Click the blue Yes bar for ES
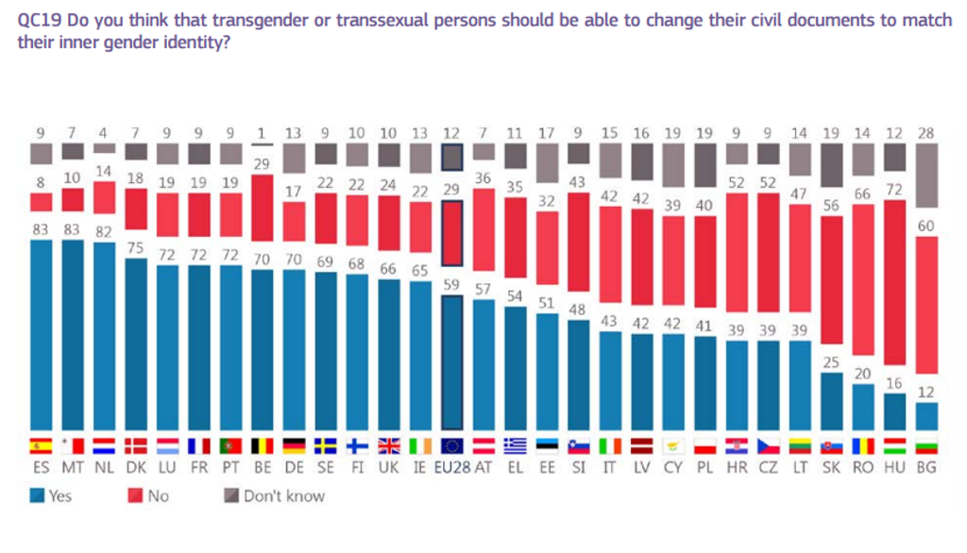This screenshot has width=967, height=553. [41, 335]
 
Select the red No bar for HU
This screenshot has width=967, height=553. [896, 282]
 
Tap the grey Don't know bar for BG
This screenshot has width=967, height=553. [929, 176]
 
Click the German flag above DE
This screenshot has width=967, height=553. [295, 446]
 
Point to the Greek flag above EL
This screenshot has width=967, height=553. [517, 446]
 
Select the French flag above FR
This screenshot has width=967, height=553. [199, 446]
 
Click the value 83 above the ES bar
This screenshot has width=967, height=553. [41, 228]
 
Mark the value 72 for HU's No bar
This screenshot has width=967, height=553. [896, 190]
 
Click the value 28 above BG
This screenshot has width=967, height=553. [929, 134]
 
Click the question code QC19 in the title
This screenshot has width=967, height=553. [39, 21]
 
